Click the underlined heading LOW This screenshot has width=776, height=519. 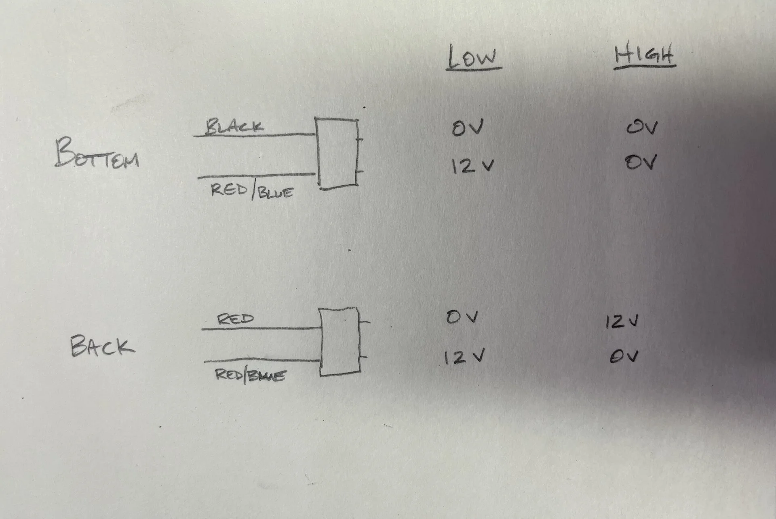point(473,58)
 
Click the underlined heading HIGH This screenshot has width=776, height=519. point(644,55)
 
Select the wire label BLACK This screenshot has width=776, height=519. point(234,126)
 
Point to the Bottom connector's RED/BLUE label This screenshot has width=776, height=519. point(252,191)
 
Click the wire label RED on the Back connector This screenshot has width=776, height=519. point(236,319)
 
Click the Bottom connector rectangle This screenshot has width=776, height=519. point(337,153)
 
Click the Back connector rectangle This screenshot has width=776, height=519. point(340,342)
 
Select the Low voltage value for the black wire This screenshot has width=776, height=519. point(468,128)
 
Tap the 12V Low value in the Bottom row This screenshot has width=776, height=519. point(472,166)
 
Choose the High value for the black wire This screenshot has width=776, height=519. point(642,128)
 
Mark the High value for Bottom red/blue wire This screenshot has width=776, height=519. point(641,163)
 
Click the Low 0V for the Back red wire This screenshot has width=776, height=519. point(462,317)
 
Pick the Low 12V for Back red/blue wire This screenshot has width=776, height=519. point(464,357)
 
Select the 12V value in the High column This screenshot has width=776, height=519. point(622,321)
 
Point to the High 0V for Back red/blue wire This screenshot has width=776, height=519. point(624,356)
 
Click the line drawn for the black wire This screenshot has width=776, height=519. point(255,135)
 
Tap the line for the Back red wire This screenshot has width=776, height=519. point(261,329)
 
